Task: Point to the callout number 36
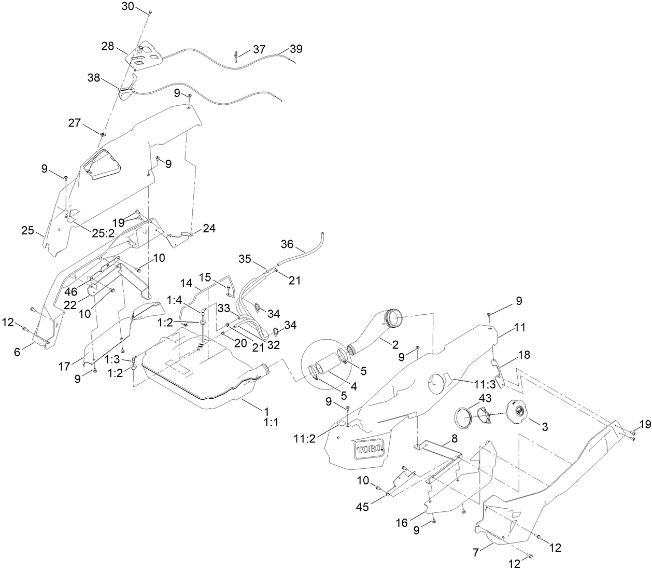(x=287, y=243)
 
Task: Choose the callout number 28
(x=108, y=47)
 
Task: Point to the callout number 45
(x=362, y=507)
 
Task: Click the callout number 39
(x=295, y=49)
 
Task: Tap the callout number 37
(x=259, y=49)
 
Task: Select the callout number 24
(x=209, y=228)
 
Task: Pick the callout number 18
(x=523, y=355)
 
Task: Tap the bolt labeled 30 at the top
(x=149, y=11)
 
